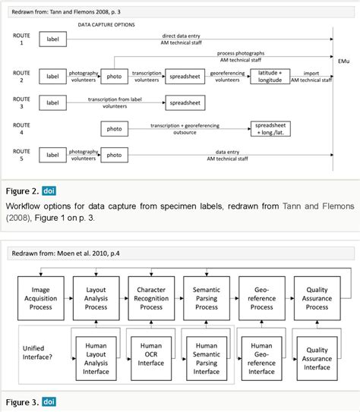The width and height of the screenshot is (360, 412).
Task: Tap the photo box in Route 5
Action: (114, 155)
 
